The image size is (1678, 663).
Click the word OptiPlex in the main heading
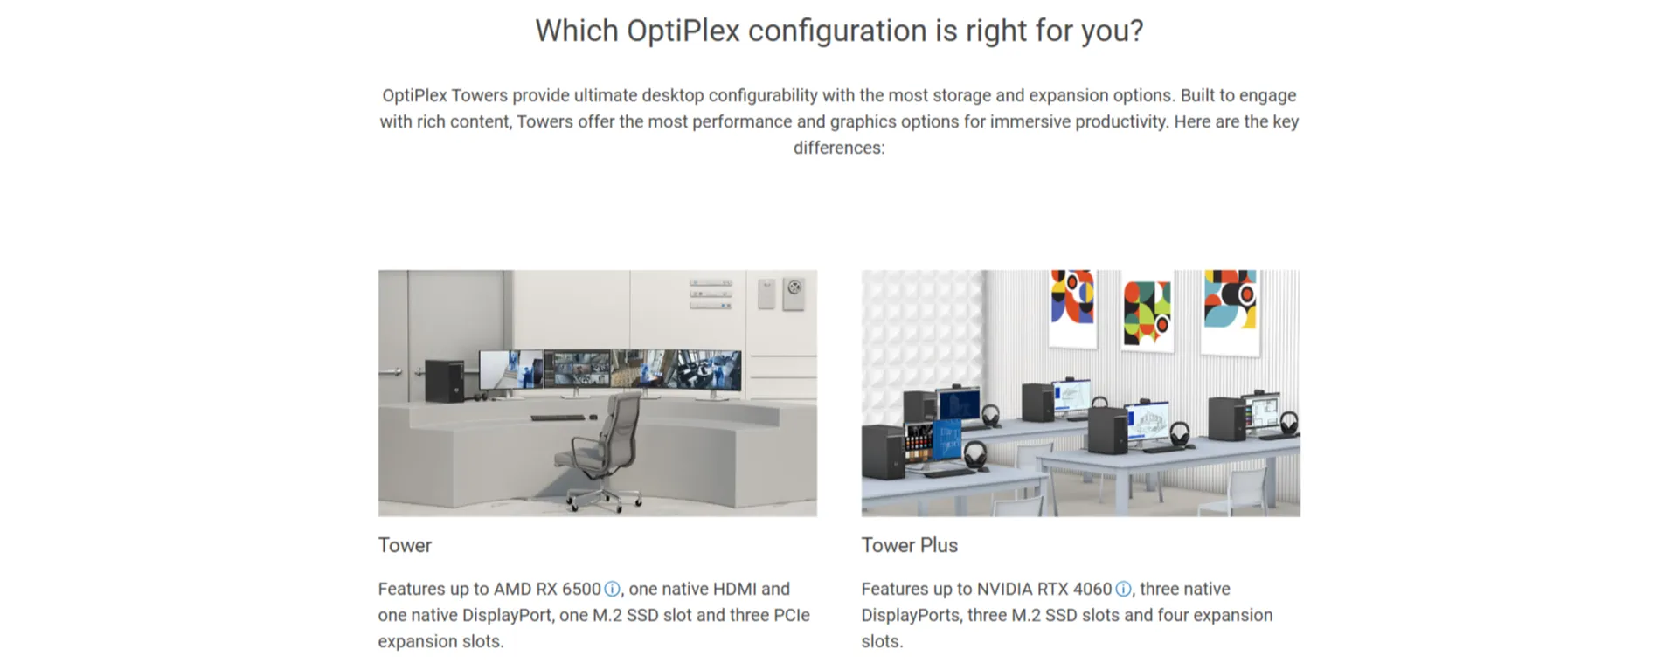(x=683, y=31)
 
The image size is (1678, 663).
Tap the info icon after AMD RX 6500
(x=612, y=590)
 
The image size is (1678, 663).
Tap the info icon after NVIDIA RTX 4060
(x=1123, y=590)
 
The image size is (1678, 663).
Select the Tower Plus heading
(x=909, y=545)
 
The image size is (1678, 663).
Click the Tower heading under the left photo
(x=405, y=545)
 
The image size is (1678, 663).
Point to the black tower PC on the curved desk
(x=444, y=382)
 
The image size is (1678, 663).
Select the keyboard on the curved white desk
(x=558, y=418)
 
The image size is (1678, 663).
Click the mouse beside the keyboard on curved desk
(x=594, y=418)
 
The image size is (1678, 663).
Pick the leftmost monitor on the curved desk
(x=511, y=370)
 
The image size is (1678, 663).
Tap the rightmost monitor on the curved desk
(x=708, y=371)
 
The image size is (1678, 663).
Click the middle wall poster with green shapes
(x=1147, y=313)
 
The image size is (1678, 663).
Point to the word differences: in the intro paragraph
(x=839, y=148)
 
